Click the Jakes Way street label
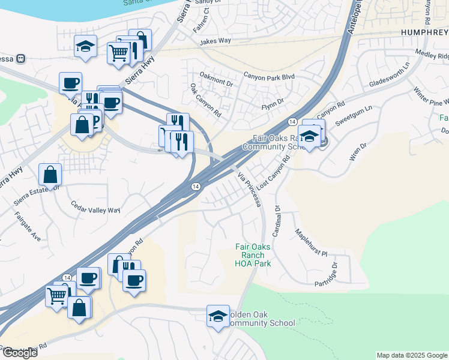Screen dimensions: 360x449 click(215, 41)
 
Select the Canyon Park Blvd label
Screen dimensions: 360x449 click(269, 77)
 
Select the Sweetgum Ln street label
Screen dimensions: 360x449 click(354, 113)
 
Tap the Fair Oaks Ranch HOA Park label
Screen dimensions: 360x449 click(253, 255)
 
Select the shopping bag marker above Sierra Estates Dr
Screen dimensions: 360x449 click(50, 175)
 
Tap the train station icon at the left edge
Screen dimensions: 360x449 click(20, 58)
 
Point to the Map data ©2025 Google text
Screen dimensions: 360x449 click(411, 355)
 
